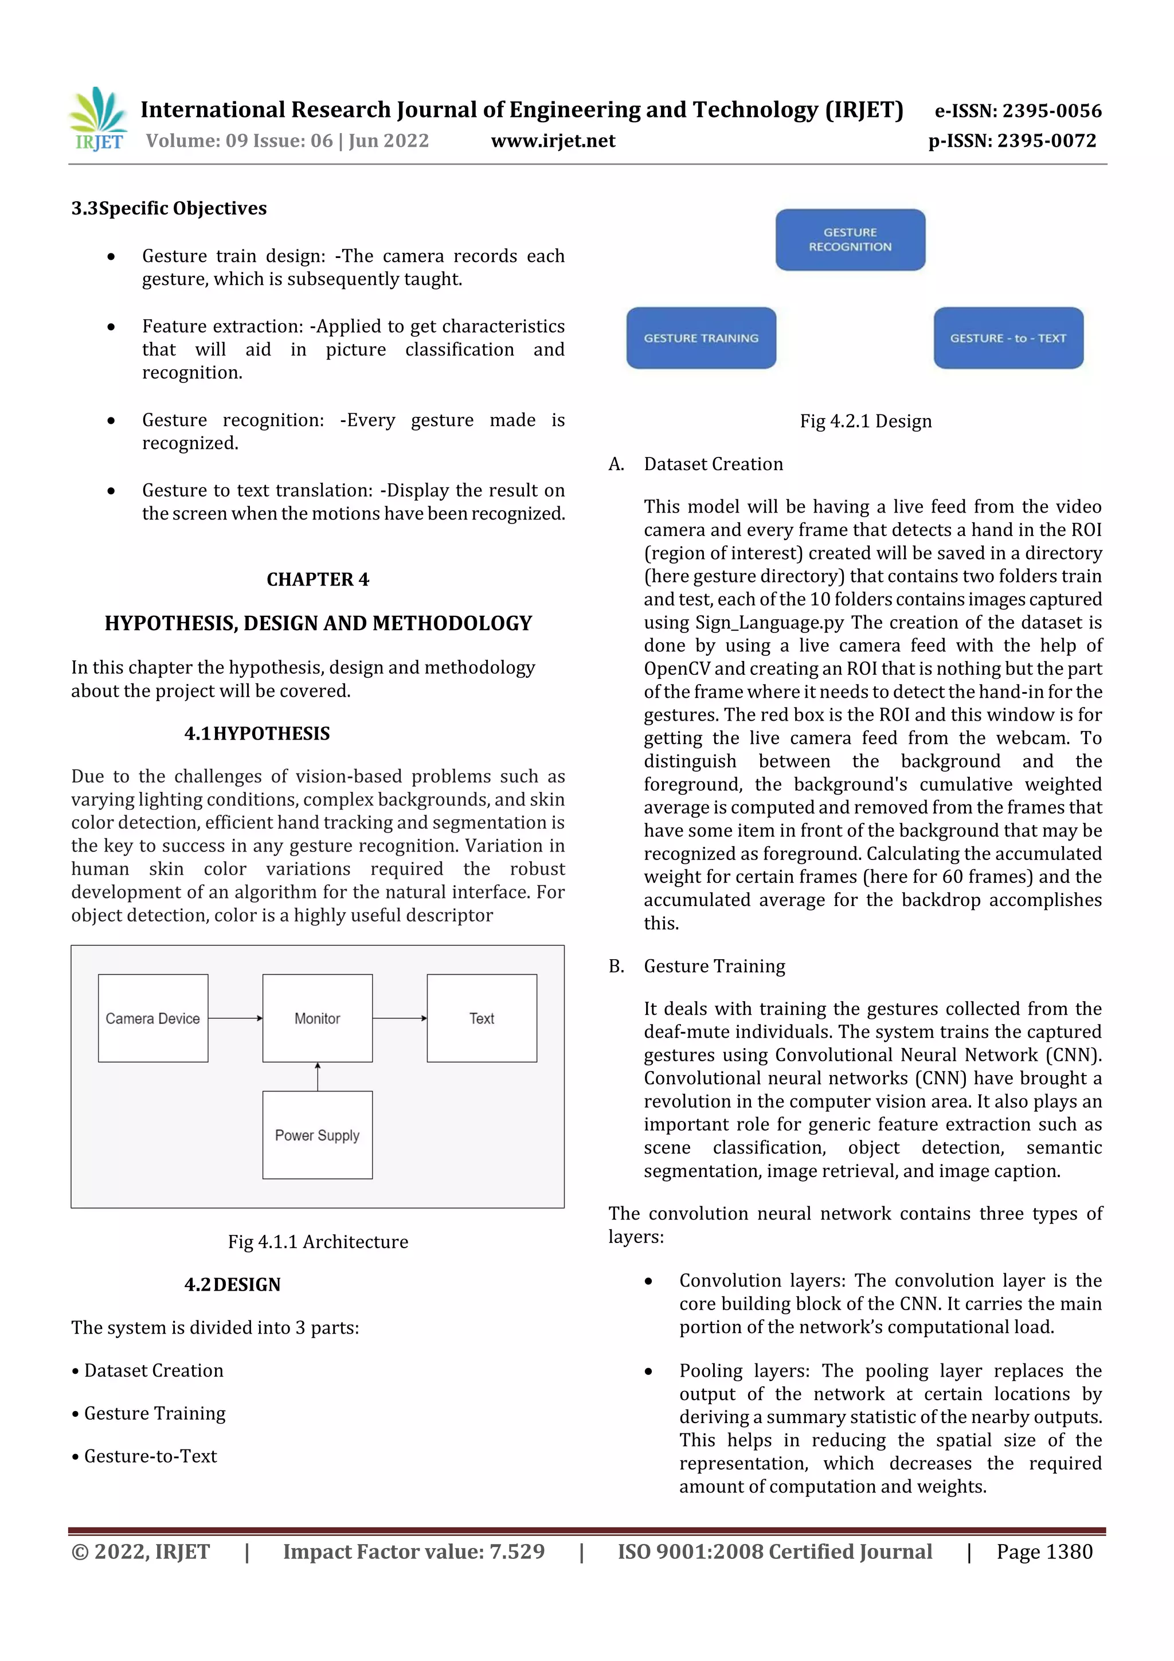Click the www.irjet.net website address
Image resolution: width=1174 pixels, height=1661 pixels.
pos(553,140)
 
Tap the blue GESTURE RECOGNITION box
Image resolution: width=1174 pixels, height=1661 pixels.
pos(850,240)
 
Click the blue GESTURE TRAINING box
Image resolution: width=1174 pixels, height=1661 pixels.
pos(701,338)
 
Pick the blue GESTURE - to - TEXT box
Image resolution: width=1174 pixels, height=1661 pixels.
pos(1008,338)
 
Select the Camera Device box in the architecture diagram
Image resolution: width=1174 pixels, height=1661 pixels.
pos(152,1018)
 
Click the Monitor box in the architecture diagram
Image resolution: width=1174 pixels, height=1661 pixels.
pos(318,1018)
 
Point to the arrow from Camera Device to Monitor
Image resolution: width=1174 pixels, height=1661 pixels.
pos(235,1018)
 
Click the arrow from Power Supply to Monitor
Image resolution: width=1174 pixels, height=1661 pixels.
pos(318,1076)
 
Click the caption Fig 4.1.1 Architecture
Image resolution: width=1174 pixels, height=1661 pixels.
pos(318,1241)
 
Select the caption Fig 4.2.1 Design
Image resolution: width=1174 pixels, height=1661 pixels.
pos(865,421)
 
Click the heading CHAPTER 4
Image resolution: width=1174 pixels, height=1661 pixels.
pos(318,580)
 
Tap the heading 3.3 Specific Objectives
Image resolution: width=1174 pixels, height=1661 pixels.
pos(169,208)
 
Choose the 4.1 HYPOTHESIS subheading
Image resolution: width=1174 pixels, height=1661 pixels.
pos(257,733)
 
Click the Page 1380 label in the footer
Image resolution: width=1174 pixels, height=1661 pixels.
pos(1044,1551)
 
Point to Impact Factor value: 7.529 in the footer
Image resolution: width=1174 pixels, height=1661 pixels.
pos(414,1551)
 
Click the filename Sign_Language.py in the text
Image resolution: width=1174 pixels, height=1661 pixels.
pos(770,622)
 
